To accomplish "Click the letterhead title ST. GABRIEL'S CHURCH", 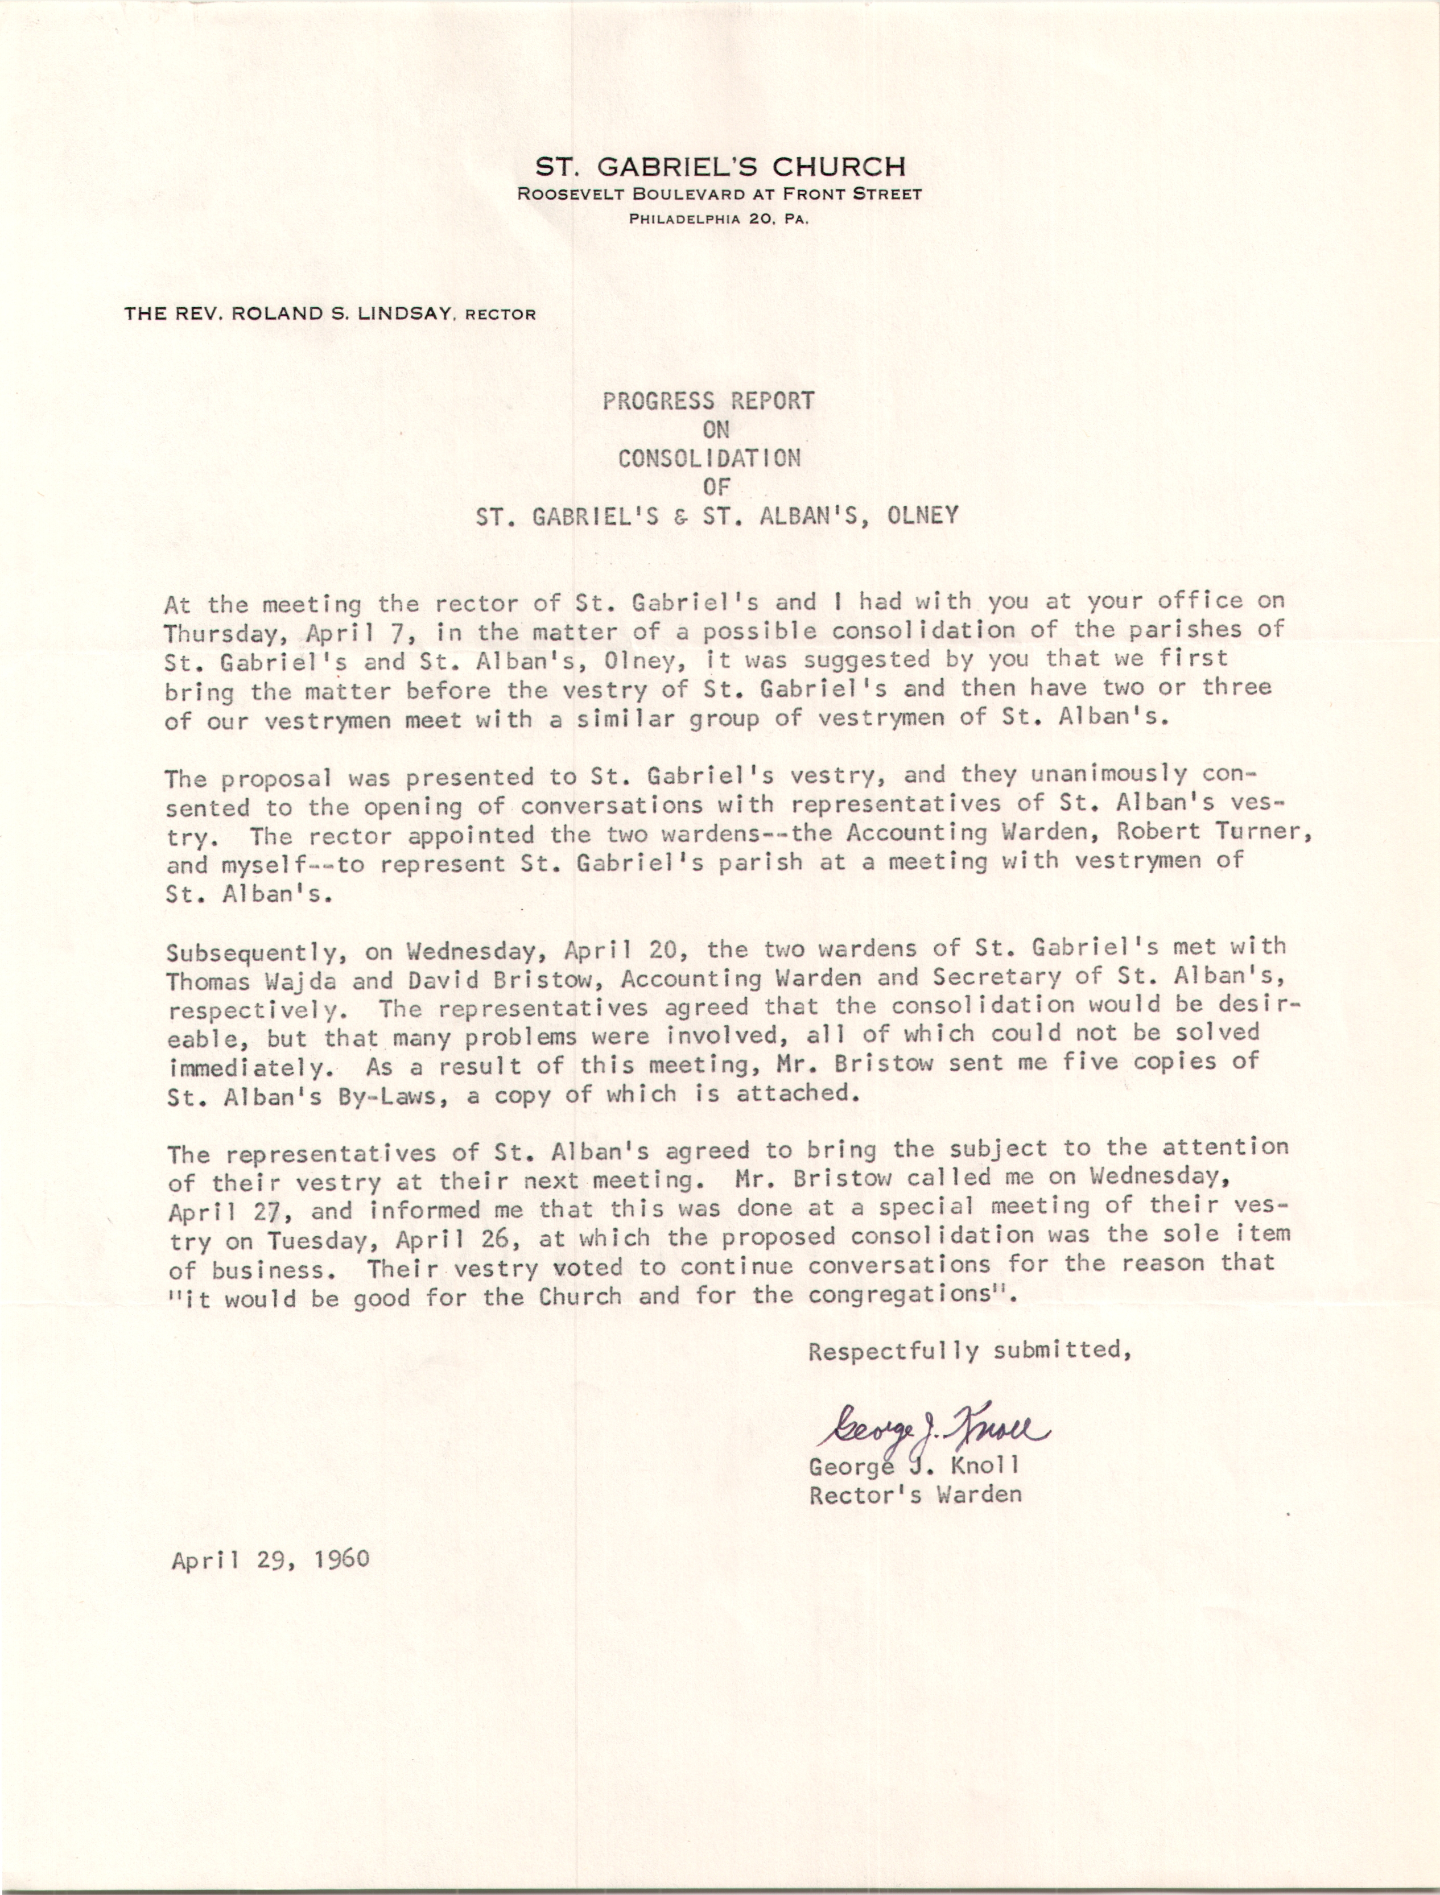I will click(720, 166).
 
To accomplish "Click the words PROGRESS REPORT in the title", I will click(708, 401).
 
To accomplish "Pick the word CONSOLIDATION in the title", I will click(709, 459).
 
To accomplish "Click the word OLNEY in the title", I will click(923, 516).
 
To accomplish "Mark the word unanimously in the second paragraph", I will click(1109, 775).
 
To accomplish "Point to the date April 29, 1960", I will click(270, 1559).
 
